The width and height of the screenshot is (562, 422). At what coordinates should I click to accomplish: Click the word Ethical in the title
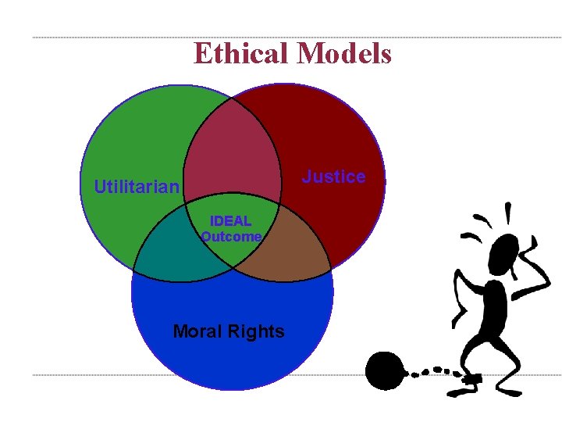[242, 53]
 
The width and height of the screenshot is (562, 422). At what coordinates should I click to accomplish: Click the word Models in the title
[344, 53]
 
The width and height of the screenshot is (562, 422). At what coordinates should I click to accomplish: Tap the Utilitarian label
[137, 187]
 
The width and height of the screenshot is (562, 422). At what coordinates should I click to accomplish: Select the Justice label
[333, 177]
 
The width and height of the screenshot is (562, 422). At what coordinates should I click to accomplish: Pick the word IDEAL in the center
[231, 221]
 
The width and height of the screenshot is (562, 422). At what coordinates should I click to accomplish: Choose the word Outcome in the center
[231, 236]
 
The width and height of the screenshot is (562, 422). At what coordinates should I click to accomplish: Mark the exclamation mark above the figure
[508, 213]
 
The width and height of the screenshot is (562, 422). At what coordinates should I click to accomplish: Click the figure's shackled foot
[472, 379]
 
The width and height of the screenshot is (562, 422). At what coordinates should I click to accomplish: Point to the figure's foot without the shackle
[507, 388]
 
